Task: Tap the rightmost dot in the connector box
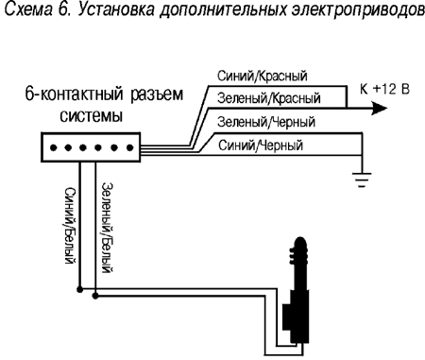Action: point(127,148)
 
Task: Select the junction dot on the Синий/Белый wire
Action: point(80,290)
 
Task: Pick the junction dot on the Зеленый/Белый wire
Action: point(94,300)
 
